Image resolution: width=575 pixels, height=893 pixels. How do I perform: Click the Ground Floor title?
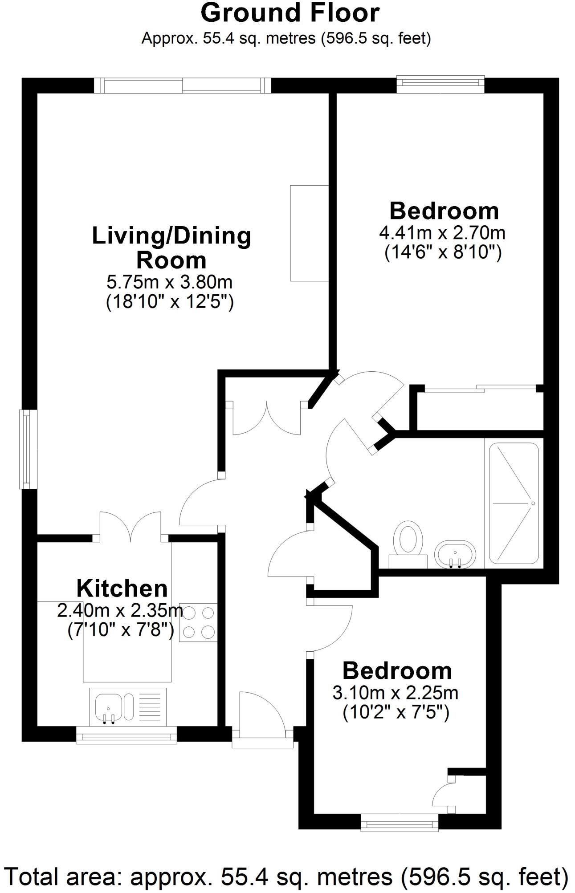(290, 13)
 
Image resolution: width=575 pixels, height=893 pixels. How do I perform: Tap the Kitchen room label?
(122, 589)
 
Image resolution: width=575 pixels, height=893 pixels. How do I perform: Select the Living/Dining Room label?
(171, 248)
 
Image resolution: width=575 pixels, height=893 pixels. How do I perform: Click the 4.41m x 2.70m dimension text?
(442, 232)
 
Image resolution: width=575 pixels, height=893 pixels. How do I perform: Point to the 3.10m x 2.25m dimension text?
(396, 693)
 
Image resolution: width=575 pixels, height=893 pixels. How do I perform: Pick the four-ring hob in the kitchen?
(198, 622)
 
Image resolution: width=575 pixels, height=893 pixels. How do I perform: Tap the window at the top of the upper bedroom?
(440, 84)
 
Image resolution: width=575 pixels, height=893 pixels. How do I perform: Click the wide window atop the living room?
(182, 85)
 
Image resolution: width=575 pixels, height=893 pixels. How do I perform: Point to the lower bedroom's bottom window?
(399, 822)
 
